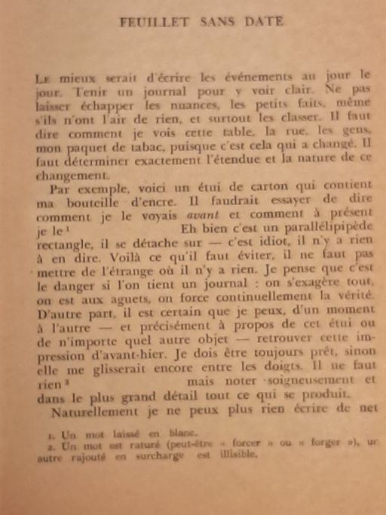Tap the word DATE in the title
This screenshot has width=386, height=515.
coord(263,23)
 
